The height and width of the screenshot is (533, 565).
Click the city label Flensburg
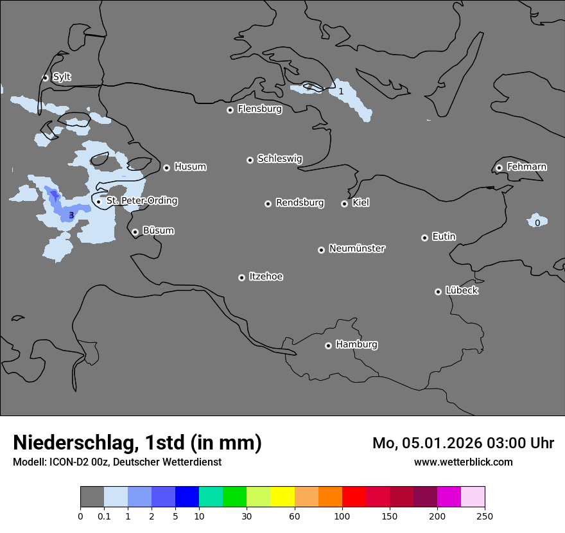click(x=259, y=109)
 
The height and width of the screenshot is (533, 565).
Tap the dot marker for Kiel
click(x=344, y=204)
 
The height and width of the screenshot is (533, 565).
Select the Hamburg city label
click(x=356, y=345)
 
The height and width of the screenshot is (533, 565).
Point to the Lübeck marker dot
click(x=438, y=292)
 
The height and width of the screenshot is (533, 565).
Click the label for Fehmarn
click(x=526, y=167)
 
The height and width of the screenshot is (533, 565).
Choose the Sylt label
click(x=62, y=77)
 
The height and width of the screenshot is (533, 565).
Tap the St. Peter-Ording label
click(x=141, y=201)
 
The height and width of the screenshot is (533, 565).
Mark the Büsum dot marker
click(x=135, y=232)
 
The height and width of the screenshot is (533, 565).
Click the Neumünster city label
click(x=357, y=249)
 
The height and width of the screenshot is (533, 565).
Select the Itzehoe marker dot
click(x=241, y=277)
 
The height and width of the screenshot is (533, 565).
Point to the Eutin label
click(x=444, y=237)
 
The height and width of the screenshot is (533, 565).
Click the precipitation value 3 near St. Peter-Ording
click(x=71, y=215)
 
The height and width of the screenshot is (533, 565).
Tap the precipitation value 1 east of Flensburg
click(x=341, y=91)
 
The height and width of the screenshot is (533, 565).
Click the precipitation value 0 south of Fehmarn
click(x=537, y=223)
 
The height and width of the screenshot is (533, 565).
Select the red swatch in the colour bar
click(x=354, y=497)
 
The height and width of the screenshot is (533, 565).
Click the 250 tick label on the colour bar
click(x=485, y=516)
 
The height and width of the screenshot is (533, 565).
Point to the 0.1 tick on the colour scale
click(x=104, y=516)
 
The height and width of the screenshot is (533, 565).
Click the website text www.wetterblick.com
click(x=463, y=462)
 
